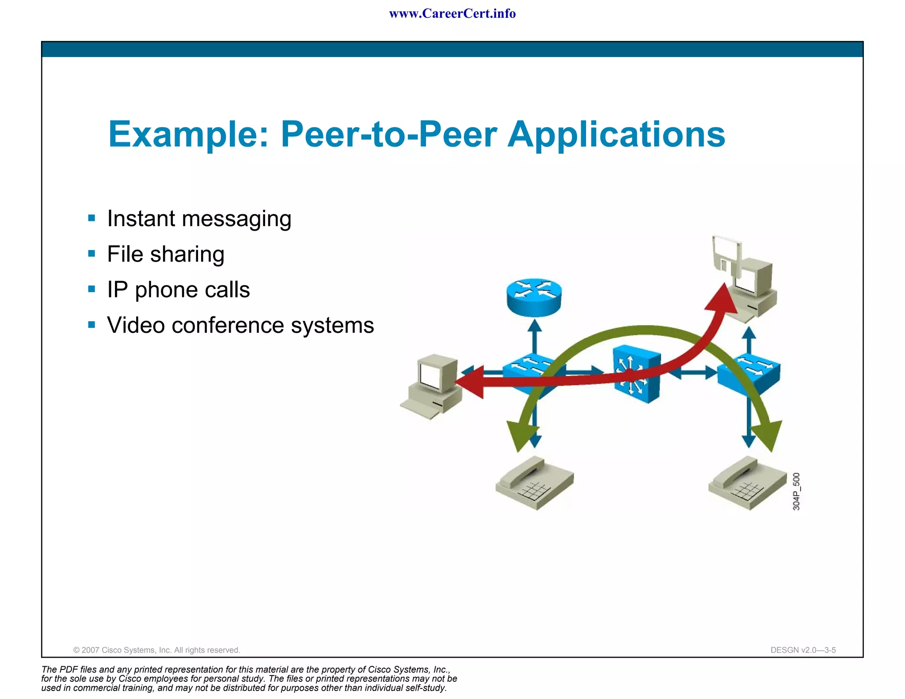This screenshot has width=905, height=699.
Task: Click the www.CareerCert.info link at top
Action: [452, 14]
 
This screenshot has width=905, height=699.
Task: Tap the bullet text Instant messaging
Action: [199, 219]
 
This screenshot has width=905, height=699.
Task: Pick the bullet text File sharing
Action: [166, 255]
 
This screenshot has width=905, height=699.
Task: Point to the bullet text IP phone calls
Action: [179, 290]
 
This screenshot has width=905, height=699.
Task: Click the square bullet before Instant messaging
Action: [91, 218]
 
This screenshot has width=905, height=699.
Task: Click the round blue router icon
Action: [534, 296]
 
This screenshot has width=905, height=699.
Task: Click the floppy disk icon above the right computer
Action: [726, 257]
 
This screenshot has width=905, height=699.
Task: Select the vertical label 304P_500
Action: [796, 491]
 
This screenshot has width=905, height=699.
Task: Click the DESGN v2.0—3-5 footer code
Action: [802, 650]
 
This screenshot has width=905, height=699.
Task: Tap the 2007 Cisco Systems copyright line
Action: [156, 650]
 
